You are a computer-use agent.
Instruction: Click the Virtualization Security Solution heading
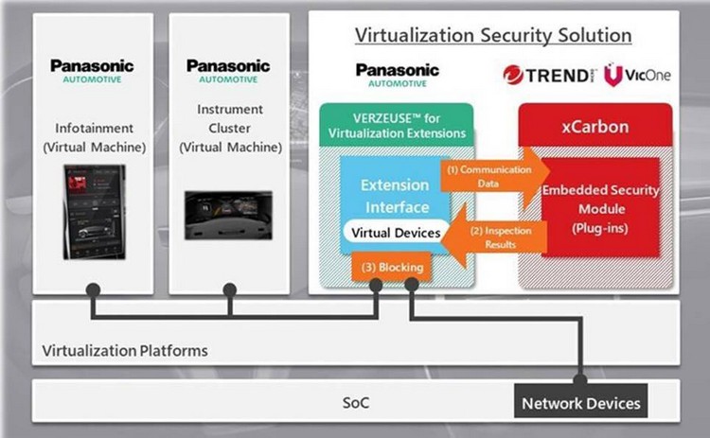point(493,36)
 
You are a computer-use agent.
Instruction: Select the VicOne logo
point(637,74)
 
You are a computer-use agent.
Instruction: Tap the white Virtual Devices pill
point(396,232)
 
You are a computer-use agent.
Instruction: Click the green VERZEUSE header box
point(394,125)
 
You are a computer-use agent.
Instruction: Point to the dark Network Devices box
point(579,402)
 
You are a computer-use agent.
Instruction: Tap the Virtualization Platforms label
point(124,351)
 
